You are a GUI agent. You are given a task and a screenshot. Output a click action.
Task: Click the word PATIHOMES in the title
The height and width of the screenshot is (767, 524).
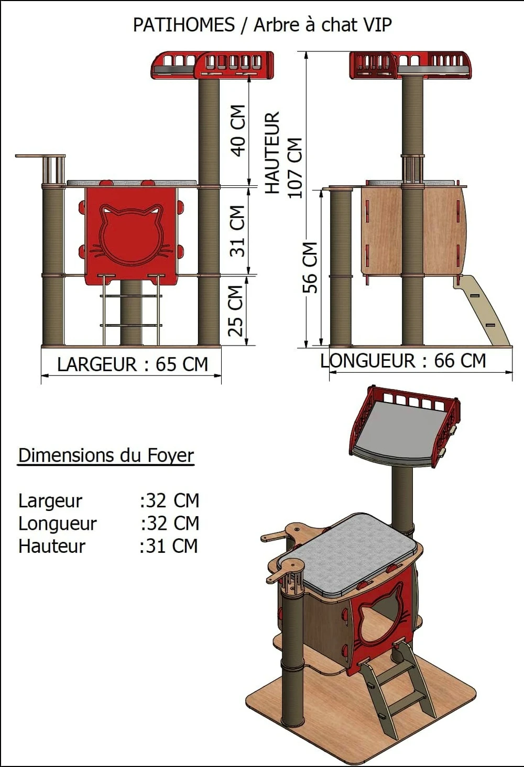pyautogui.click(x=183, y=25)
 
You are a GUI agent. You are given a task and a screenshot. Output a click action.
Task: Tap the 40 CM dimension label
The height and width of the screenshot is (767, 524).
pyautogui.click(x=238, y=130)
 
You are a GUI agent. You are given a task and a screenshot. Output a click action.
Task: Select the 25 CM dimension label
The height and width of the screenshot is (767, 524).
pyautogui.click(x=236, y=310)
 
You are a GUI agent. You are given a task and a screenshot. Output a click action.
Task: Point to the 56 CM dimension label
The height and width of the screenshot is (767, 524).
pyautogui.click(x=310, y=268)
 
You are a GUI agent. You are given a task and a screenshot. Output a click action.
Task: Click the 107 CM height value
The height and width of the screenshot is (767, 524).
pyautogui.click(x=295, y=168)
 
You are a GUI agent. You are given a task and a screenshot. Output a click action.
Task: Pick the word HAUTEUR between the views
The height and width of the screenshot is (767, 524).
pyautogui.click(x=272, y=152)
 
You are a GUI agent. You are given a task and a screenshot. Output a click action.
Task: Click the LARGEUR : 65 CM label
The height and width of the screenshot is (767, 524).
pyautogui.click(x=133, y=364)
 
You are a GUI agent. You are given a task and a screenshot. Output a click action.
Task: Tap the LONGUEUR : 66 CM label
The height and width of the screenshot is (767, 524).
pyautogui.click(x=403, y=361)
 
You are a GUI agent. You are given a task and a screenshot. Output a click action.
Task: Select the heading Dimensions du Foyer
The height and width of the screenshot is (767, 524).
pyautogui.click(x=106, y=455)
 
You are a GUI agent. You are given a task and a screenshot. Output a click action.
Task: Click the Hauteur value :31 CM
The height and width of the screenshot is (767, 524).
pyautogui.click(x=169, y=546)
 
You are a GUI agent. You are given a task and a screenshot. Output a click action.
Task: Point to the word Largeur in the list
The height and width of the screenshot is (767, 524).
pyautogui.click(x=50, y=501)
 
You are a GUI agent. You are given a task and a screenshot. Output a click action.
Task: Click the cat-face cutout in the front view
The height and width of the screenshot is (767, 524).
pyautogui.click(x=131, y=235)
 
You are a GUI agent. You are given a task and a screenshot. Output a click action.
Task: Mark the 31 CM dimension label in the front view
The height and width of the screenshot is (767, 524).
pyautogui.click(x=237, y=230)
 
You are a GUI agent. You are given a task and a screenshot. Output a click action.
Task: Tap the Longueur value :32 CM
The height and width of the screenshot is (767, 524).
pyautogui.click(x=170, y=523)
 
